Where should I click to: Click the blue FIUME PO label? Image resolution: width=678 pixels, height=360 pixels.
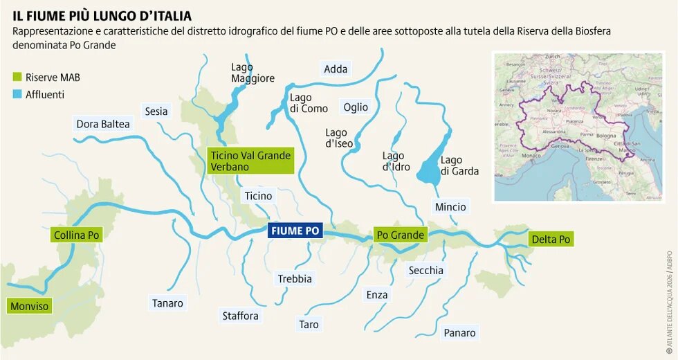tap(295, 231)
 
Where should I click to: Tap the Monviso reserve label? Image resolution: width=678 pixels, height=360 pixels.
tap(30, 306)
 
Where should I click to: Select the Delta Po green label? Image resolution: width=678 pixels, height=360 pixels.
tap(551, 240)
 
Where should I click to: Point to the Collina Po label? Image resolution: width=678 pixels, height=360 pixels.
tap(77, 235)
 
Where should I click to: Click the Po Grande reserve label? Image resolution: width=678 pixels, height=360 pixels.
tap(399, 235)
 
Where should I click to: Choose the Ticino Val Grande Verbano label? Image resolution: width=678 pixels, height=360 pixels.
tap(250, 161)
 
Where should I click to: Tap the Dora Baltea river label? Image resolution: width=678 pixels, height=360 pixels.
tap(103, 124)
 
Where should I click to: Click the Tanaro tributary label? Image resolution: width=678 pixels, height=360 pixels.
tap(167, 303)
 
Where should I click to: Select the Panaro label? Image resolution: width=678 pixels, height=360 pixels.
tap(460, 333)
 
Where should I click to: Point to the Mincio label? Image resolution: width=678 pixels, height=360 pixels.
tap(450, 207)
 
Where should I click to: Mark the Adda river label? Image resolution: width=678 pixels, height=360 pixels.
tap(336, 69)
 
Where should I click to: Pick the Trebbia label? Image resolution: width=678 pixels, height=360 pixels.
tap(295, 279)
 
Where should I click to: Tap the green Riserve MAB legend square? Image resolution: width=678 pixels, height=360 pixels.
tap(17, 77)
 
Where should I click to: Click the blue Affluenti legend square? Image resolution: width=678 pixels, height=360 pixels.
tap(17, 94)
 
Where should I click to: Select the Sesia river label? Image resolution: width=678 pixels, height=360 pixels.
tap(156, 111)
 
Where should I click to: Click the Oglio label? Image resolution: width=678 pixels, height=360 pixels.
tap(356, 107)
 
